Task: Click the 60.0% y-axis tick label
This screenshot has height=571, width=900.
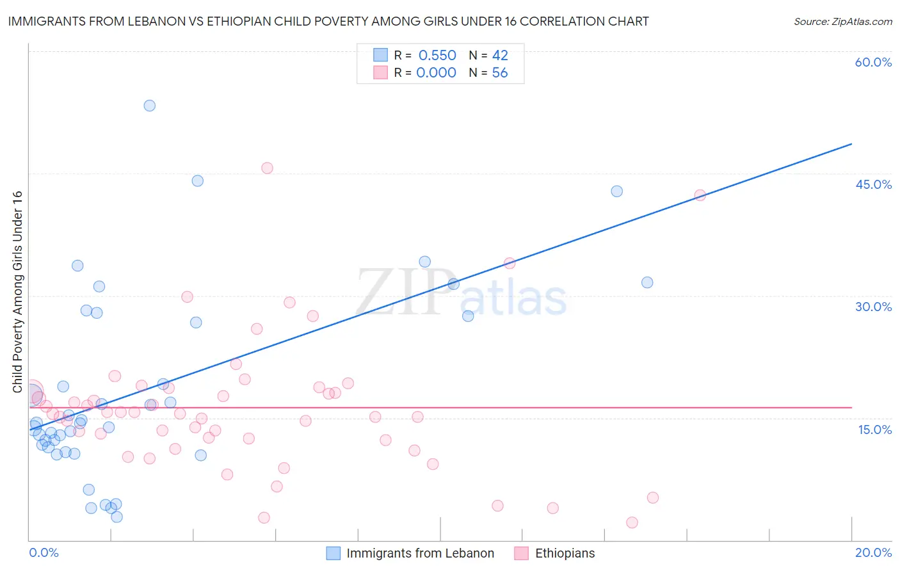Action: tap(873, 62)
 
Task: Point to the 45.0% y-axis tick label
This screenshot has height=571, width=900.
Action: tap(873, 184)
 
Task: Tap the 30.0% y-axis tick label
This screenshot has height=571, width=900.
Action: tap(873, 307)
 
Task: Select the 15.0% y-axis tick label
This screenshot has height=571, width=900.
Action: tap(874, 430)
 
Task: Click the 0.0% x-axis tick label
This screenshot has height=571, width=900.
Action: tap(44, 552)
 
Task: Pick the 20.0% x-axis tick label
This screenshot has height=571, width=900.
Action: tap(873, 552)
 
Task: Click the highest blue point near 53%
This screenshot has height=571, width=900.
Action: tap(149, 106)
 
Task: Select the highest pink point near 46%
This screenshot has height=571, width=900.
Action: tap(267, 168)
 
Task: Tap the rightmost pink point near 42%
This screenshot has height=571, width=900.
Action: tap(700, 195)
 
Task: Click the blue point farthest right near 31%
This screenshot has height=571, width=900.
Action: tap(647, 282)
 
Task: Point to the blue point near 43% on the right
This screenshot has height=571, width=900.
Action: tap(616, 191)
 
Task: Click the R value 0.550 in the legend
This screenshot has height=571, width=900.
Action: tap(437, 56)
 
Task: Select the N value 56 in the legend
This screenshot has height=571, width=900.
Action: tap(499, 73)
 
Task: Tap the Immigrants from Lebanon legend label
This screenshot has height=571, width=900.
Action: tap(420, 553)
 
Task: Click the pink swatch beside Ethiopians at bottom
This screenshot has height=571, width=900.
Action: tap(521, 553)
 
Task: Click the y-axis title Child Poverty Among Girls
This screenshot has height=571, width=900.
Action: tap(17, 292)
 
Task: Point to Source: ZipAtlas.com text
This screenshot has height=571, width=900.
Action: tap(842, 22)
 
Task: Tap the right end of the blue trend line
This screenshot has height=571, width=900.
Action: tap(851, 144)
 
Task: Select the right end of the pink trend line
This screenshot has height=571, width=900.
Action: tap(851, 407)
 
